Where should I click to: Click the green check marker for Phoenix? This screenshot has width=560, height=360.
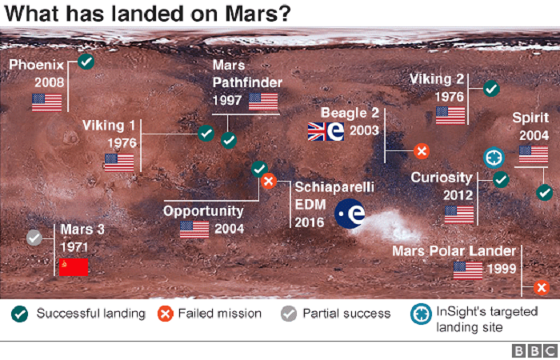coord(86,62)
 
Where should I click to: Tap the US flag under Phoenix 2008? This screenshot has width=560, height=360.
coord(46,102)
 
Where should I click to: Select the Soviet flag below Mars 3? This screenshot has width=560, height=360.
coord(74,267)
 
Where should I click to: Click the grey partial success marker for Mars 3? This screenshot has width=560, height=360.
coord(34,238)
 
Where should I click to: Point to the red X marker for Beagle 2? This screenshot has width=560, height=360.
coord(422,151)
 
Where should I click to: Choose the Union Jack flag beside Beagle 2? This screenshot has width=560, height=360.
coord(317,131)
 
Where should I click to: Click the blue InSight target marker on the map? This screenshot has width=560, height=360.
coord(494,158)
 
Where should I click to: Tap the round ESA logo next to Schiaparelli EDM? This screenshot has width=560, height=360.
coord(350,214)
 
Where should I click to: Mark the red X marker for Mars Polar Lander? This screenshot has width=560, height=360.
coord(542,288)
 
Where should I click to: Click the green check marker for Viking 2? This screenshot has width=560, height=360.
coord(491,88)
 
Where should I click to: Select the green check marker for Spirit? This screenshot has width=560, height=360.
coord(544,193)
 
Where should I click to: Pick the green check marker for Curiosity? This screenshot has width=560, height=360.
coord(501,179)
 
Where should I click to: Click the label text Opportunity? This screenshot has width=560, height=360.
coord(203,212)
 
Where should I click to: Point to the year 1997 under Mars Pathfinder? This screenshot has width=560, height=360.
coord(227,100)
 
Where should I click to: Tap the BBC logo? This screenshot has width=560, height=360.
coord(534,350)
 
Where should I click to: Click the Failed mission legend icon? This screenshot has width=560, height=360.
coord(166,314)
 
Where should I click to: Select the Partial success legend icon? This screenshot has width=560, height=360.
coord(289,314)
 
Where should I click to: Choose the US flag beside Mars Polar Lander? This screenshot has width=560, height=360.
coord(468,270)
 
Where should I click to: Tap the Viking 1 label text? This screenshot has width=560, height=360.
coord(109,126)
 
